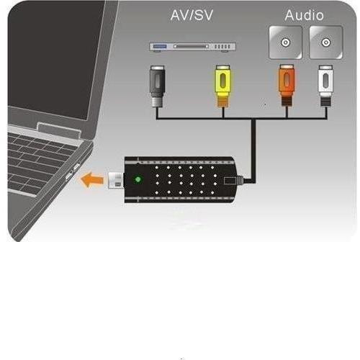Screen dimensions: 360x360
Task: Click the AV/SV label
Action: pyautogui.click(x=192, y=15)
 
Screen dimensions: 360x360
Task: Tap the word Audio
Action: pyautogui.click(x=304, y=15)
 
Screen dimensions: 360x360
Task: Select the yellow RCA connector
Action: pyautogui.click(x=223, y=86)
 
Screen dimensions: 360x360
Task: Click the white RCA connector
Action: pyautogui.click(x=325, y=86)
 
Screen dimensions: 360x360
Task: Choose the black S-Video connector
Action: pyautogui.click(x=157, y=86)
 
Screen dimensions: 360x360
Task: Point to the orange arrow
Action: pyautogui.click(x=92, y=180)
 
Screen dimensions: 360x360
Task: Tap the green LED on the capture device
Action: pyautogui.click(x=138, y=179)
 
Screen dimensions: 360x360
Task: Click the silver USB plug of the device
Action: pyautogui.click(x=116, y=180)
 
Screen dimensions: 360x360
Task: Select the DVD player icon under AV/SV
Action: pyautogui.click(x=192, y=47)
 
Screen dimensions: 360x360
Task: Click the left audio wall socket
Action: pyautogui.click(x=285, y=42)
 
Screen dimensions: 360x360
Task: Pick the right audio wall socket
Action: pyautogui.click(x=325, y=42)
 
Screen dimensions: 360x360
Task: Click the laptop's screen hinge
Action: pyautogui.click(x=58, y=130)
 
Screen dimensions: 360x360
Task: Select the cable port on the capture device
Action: pyautogui.click(x=230, y=181)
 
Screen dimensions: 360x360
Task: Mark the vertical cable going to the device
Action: pyautogui.click(x=253, y=150)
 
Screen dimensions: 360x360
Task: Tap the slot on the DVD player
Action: pyautogui.click(x=192, y=46)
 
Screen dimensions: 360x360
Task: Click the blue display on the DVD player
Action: pyautogui.click(x=160, y=46)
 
